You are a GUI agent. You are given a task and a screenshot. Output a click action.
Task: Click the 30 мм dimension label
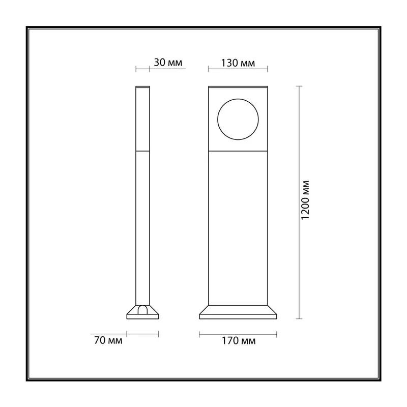168,63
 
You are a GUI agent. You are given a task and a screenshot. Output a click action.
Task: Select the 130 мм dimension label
238,63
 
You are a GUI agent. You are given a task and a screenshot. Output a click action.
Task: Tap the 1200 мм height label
305,200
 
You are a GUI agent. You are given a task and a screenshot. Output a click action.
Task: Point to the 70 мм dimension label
108,340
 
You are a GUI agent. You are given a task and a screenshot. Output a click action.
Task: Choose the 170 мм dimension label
238,341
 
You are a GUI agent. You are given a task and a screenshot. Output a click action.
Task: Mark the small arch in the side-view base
142,307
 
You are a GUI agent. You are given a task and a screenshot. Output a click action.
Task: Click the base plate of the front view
238,316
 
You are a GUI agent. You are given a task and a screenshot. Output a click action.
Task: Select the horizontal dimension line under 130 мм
238,69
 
